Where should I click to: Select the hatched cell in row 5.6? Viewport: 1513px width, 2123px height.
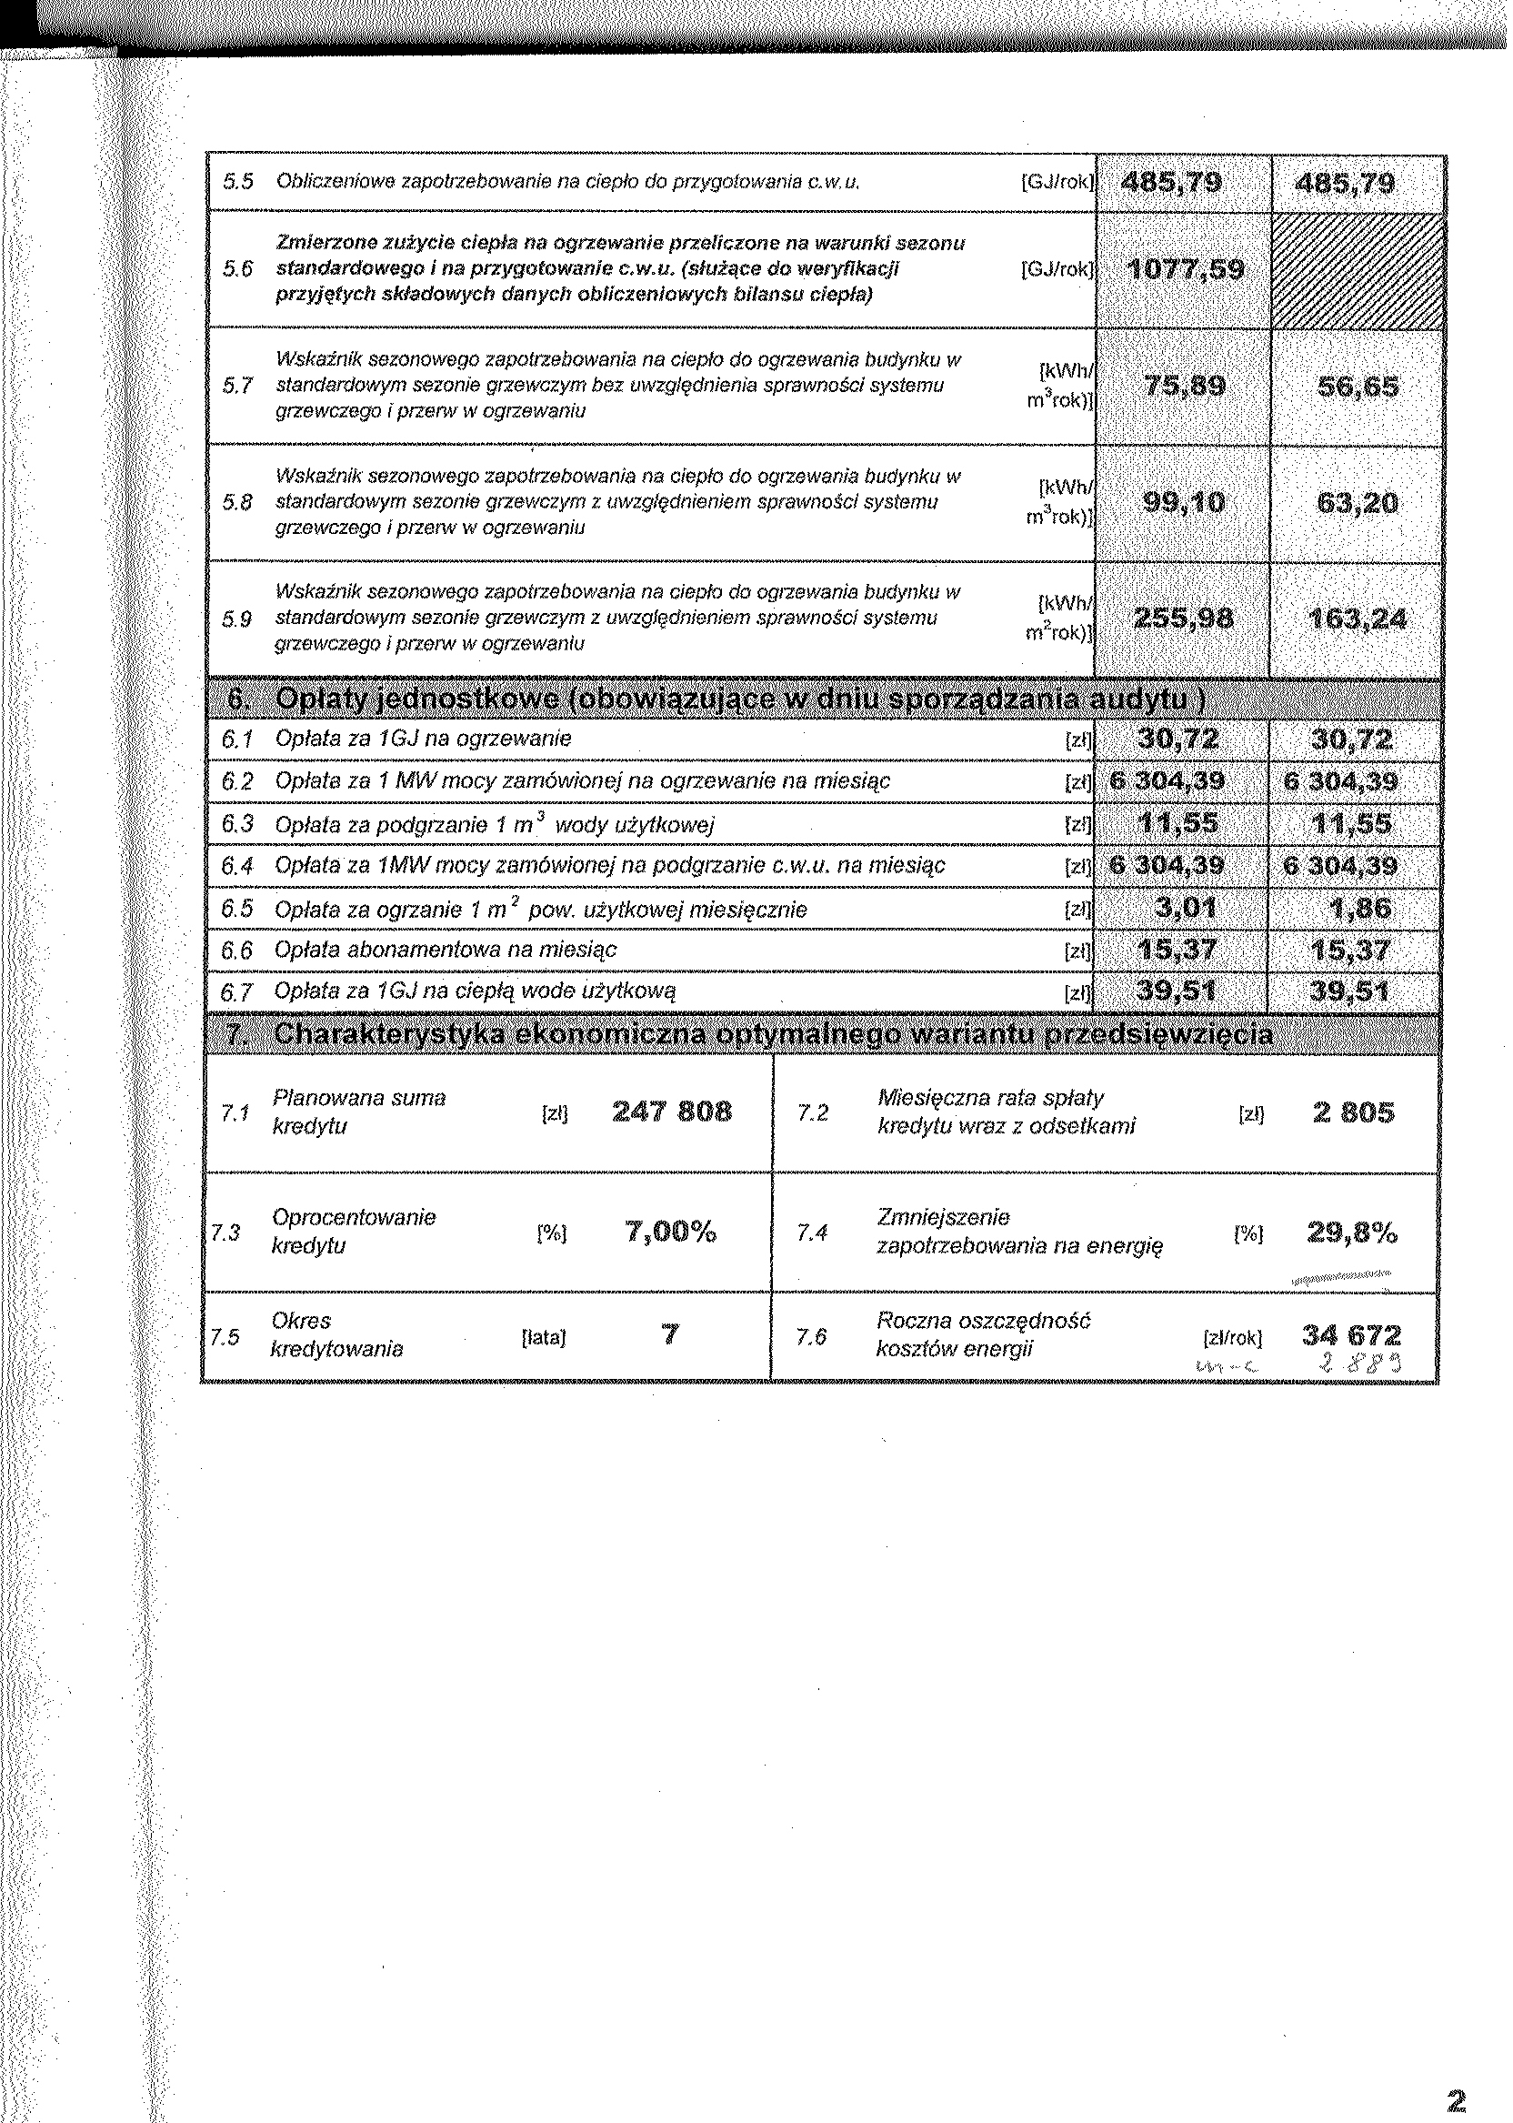click(x=1358, y=270)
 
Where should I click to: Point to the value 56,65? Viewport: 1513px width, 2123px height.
click(x=1358, y=386)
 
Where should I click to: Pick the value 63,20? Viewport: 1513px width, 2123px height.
click(x=1358, y=503)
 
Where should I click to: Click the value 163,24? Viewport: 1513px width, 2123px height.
click(x=1358, y=619)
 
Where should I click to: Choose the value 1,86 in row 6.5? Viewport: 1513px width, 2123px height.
click(x=1358, y=908)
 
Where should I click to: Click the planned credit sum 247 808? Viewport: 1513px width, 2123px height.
click(x=672, y=1112)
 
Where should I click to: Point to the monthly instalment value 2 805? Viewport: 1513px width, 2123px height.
click(x=1353, y=1112)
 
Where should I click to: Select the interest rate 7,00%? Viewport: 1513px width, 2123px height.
click(x=671, y=1233)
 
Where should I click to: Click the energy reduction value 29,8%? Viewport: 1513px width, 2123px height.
click(x=1352, y=1233)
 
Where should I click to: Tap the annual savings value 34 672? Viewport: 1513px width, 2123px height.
click(x=1351, y=1336)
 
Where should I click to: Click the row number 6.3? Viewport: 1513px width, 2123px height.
click(x=237, y=824)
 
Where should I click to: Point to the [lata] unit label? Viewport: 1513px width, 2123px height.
click(x=544, y=1338)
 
